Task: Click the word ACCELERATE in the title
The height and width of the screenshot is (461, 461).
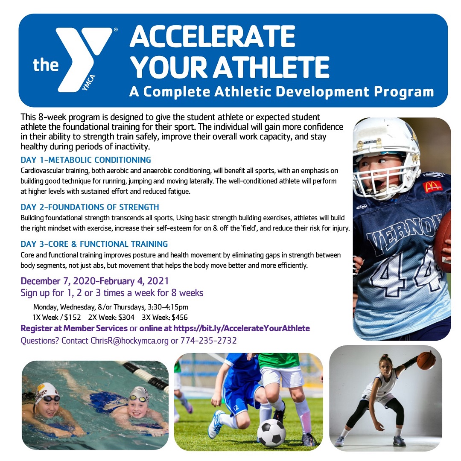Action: (212, 37)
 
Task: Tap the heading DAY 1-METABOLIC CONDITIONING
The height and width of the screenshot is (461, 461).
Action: (85, 160)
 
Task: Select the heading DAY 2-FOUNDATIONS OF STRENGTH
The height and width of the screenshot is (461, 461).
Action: (90, 207)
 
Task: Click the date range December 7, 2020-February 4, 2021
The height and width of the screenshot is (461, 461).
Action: (94, 282)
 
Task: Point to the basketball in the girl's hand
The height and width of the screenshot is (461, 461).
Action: (426, 360)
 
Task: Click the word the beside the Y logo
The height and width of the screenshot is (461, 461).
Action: (46, 65)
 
